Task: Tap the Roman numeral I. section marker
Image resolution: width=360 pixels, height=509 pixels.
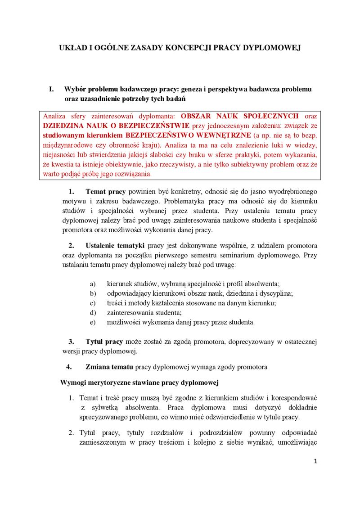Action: pyautogui.click(x=51, y=89)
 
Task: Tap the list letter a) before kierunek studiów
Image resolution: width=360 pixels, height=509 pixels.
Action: pyautogui.click(x=93, y=284)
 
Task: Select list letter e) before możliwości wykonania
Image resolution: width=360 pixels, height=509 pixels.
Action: pyautogui.click(x=93, y=322)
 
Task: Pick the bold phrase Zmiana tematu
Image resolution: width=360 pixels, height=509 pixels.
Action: pyautogui.click(x=109, y=367)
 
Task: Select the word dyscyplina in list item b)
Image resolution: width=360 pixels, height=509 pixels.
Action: pyautogui.click(x=276, y=293)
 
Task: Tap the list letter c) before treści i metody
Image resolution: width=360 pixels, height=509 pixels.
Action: pyautogui.click(x=93, y=303)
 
